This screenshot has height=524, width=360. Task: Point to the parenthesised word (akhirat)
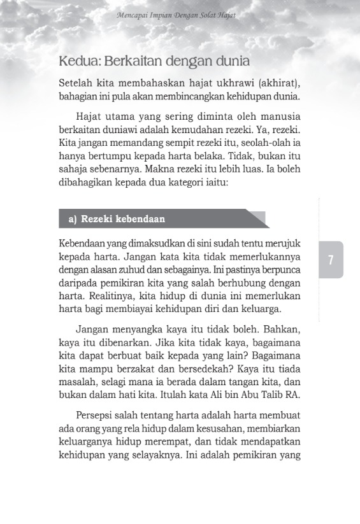click(x=276, y=84)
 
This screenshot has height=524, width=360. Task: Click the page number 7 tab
click(x=331, y=260)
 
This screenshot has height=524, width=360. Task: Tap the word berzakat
click(x=149, y=369)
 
